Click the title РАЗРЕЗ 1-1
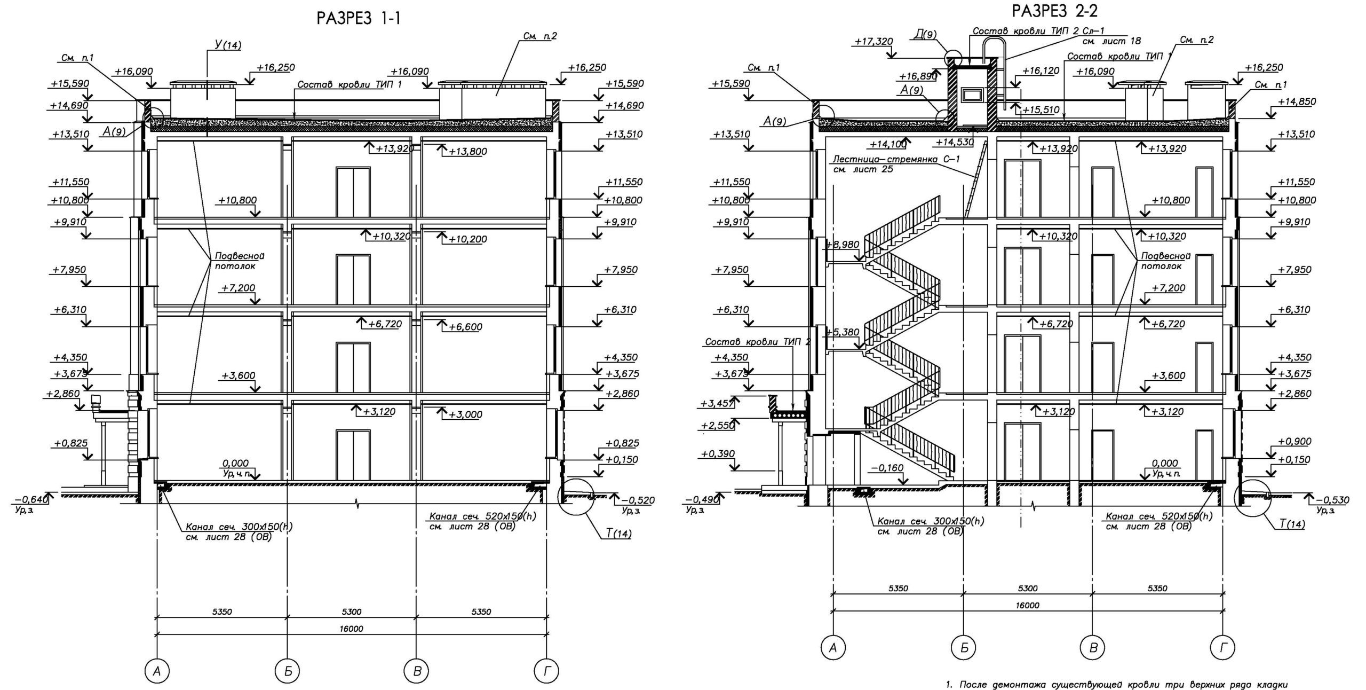358,19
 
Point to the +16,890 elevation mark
918,77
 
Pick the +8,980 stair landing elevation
843,245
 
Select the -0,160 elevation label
886,468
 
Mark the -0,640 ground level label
30,500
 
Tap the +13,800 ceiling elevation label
467,152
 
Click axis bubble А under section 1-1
157,671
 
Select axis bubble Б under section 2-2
964,648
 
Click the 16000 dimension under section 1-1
351,629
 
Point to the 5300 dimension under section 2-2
1028,589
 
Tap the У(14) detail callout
227,45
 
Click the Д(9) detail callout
925,35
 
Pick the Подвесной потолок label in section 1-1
239,260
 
